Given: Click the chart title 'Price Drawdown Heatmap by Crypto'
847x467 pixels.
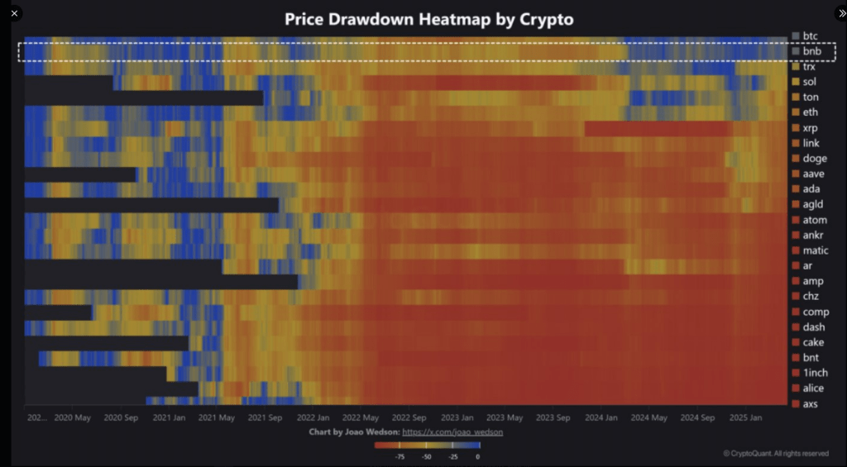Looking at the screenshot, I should point(428,19).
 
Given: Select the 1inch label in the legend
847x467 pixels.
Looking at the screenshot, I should point(815,373).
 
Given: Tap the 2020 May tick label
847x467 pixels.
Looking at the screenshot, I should point(72,417).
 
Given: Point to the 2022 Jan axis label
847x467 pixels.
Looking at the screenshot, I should point(313,417).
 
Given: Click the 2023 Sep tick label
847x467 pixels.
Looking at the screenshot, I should point(553,417).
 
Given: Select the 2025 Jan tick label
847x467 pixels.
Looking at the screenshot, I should point(745,417).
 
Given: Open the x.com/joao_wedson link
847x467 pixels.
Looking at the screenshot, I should point(452,432).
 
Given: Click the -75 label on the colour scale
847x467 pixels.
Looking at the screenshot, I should point(400,456).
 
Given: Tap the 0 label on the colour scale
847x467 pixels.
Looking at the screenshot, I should point(477,456).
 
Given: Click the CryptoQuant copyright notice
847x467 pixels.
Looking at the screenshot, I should point(775,453).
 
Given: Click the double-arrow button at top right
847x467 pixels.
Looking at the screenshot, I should point(831,13).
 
